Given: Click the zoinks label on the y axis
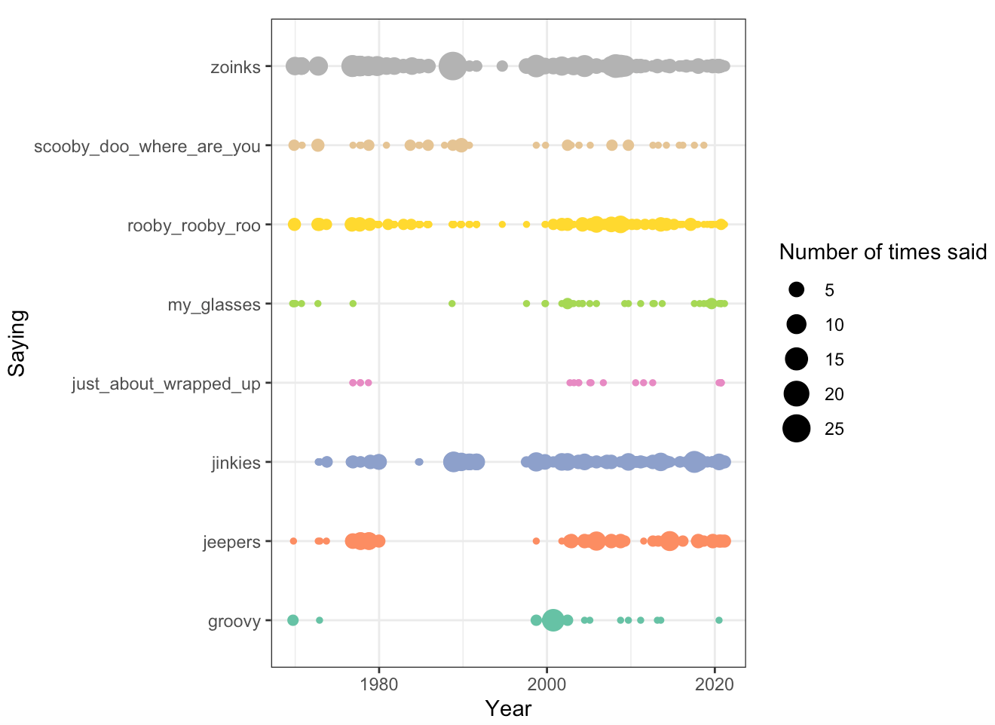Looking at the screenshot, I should pos(235,67).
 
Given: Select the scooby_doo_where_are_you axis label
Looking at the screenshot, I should pos(147,146).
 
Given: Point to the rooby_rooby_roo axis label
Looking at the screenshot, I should pos(194,225).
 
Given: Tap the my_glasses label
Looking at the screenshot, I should pos(214,304).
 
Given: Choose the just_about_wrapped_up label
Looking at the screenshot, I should pos(166,384).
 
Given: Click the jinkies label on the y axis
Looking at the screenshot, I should pos(236,463).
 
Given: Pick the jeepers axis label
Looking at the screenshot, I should pos(231,542).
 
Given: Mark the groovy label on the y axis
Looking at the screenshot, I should pos(234,622).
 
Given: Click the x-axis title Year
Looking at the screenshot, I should pos(508,708).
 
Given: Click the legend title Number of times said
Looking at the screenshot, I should pos(883,252).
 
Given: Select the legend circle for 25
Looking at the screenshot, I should pos(796,429).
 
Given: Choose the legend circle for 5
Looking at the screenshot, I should pos(796,290).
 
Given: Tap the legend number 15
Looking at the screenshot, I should pos(834,359).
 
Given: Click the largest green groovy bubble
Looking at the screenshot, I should pos(553,620).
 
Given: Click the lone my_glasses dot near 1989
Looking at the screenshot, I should pos(452,304).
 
